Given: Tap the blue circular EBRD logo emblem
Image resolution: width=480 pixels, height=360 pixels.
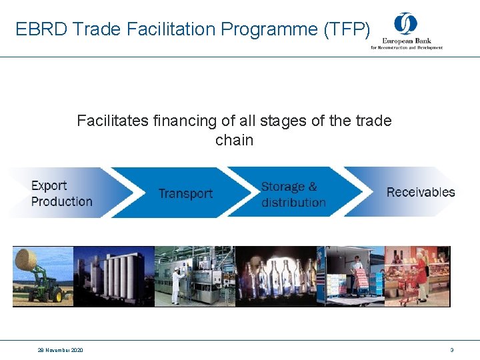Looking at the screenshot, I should pos(405,24).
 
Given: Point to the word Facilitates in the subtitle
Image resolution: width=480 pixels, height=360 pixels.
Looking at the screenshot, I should pos(109,121).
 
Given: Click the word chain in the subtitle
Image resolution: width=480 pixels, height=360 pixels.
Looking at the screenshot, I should pos(234,140).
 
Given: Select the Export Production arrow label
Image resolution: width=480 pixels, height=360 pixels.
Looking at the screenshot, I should pos(62,193).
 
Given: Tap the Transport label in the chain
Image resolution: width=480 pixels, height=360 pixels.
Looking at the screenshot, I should pos(185,193).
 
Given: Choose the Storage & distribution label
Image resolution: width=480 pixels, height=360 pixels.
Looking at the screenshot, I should pos(293,195).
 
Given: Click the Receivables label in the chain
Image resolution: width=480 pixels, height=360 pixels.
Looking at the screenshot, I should pos(421,192).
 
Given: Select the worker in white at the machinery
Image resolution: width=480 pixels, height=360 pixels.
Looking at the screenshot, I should pos(177,285).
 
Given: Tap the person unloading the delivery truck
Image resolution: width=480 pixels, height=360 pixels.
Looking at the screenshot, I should pos(358,273).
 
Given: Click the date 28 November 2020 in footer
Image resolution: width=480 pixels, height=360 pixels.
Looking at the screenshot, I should pos(61,350).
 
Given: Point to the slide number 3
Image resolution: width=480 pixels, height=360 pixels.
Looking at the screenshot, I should pos(452,350).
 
